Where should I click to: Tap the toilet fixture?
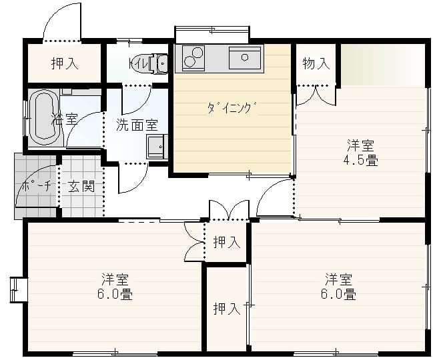tap(159, 64)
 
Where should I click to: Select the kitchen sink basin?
tap(245, 58)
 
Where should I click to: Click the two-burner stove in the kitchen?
tap(193, 57)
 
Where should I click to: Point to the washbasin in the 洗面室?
tap(157, 146)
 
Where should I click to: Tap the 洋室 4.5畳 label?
tap(361, 153)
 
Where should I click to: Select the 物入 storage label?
tap(316, 63)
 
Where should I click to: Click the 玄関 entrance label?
tap(81, 186)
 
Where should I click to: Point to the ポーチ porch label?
tap(37, 185)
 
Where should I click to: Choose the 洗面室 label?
tap(137, 125)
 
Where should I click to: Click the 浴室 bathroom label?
tap(65, 119)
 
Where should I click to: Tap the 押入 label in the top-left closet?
tap(65, 63)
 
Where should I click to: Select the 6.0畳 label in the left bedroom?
tap(115, 294)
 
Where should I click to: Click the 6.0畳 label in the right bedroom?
tap(338, 294)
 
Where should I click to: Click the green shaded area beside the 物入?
tap(382, 65)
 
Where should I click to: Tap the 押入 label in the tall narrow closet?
tap(227, 309)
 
